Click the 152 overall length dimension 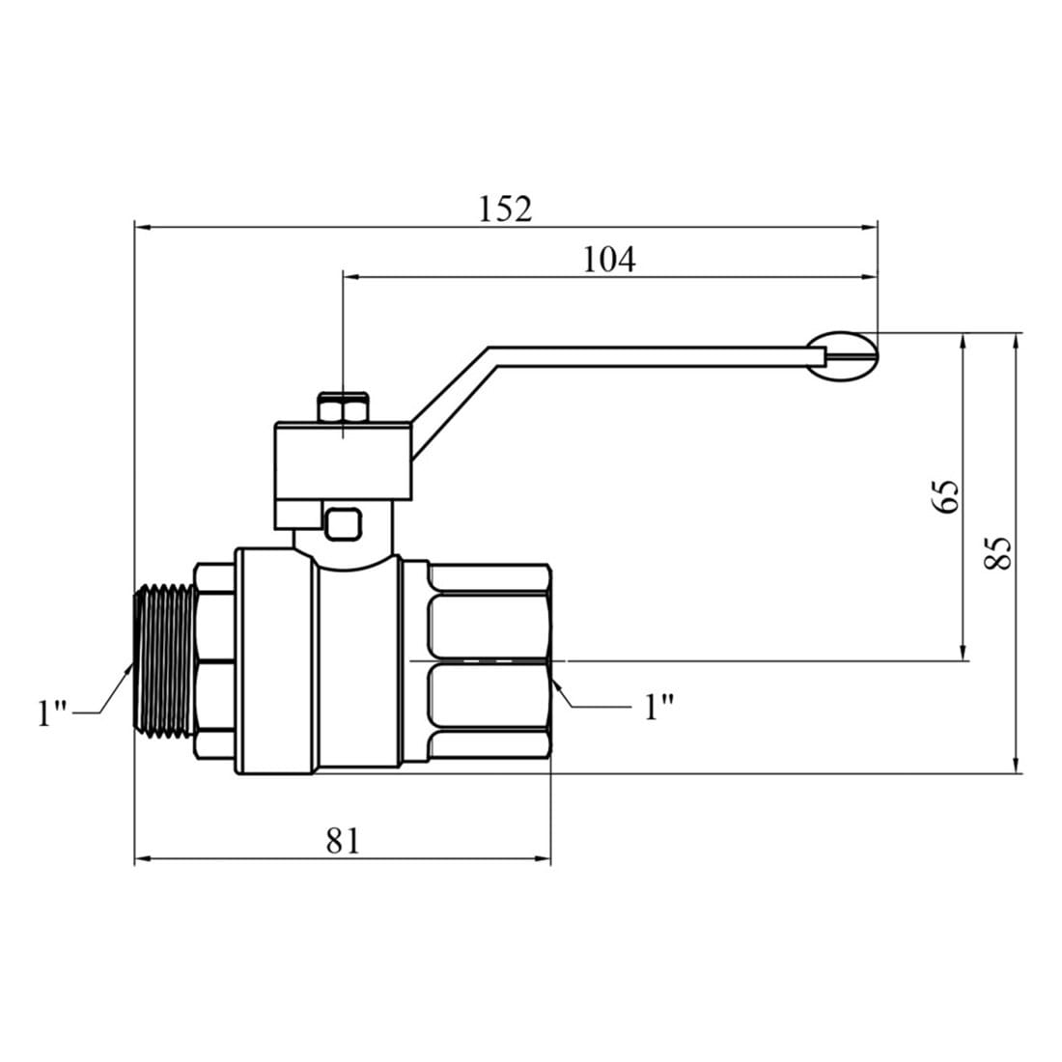[x=505, y=209]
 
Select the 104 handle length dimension [x=609, y=259]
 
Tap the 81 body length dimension [x=343, y=840]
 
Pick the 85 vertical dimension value [x=996, y=553]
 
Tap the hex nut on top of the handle [x=343, y=408]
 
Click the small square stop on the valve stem [x=343, y=524]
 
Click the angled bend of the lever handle [x=454, y=396]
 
